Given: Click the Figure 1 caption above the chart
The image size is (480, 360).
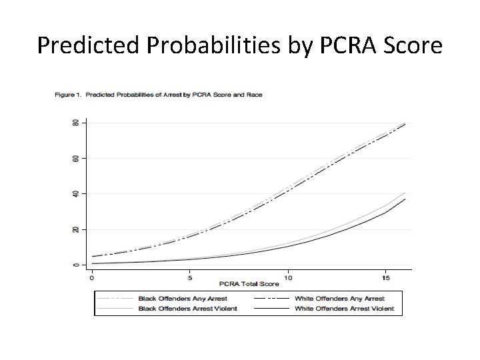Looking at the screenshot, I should click(158, 95).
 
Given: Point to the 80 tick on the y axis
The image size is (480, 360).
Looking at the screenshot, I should click(75, 123).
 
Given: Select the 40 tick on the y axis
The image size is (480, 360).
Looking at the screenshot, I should click(75, 194).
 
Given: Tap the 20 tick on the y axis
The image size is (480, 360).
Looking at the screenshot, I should click(75, 229).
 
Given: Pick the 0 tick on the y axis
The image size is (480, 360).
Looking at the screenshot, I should click(75, 265).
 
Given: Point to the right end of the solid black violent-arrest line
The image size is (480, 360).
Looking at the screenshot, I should click(405, 199).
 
